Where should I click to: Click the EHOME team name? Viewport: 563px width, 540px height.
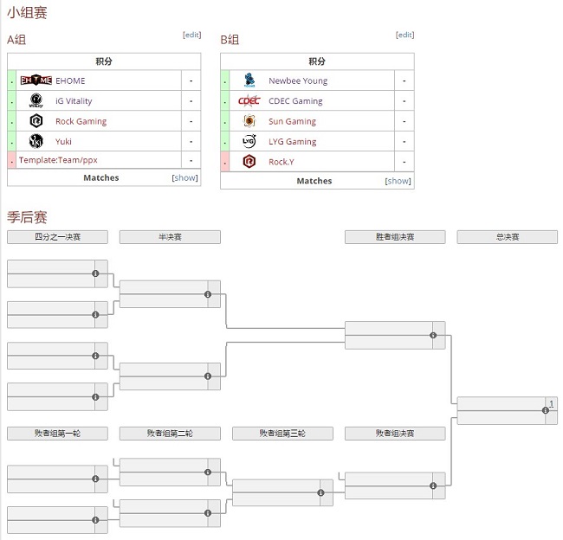coord(70,80)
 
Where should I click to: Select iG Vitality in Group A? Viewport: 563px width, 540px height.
coord(74,101)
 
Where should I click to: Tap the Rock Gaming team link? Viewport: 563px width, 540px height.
coord(81,121)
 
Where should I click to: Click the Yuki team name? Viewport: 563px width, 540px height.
coord(63,141)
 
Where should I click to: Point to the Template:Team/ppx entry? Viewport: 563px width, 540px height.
coord(58,160)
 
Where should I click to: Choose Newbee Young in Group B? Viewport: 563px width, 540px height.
coord(298,80)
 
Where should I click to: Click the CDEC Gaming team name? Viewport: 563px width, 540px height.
coord(295,101)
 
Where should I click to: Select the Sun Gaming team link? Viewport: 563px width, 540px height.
coord(292,121)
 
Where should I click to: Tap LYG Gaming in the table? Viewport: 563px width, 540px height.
coord(292,141)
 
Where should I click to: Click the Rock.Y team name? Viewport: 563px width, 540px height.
coord(281,162)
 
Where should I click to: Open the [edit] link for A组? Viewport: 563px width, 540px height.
coord(191,35)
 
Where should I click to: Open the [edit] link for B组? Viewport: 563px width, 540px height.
coord(404,35)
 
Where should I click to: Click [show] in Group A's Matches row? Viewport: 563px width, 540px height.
coord(185,178)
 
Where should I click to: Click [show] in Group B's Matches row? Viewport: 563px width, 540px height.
coord(398,181)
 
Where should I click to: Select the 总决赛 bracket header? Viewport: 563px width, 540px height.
coord(507,237)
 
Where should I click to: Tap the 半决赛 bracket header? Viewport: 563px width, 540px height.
coord(170,237)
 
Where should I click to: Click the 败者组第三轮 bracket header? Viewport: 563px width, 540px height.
coord(282,434)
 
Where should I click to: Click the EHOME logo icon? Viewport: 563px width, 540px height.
coord(36,80)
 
